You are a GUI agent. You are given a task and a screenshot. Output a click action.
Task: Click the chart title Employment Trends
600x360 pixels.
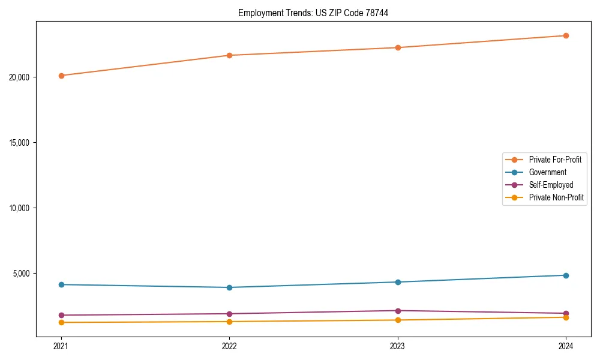313,13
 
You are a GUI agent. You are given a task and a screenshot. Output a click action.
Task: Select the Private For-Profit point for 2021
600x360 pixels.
61,76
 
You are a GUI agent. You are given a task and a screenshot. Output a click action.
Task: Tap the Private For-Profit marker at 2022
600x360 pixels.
229,55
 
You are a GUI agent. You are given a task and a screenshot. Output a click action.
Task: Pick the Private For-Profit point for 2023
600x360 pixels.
398,47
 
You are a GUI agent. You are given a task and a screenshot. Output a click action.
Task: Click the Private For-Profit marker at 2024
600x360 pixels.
566,35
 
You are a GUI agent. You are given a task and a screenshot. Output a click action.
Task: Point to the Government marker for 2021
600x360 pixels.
61,284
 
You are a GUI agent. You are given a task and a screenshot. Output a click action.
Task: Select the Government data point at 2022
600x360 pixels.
229,287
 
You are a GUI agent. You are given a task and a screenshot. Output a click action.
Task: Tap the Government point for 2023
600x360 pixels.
398,282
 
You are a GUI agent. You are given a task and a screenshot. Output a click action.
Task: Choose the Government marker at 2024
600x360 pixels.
566,275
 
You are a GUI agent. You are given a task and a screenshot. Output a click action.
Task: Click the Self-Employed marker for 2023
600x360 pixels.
398,311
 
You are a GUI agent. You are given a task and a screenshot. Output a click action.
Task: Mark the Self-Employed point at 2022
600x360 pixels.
229,314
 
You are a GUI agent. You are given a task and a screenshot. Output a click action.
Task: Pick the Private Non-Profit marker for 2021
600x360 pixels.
61,322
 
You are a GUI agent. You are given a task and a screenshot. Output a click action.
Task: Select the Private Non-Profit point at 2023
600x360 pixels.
398,320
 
